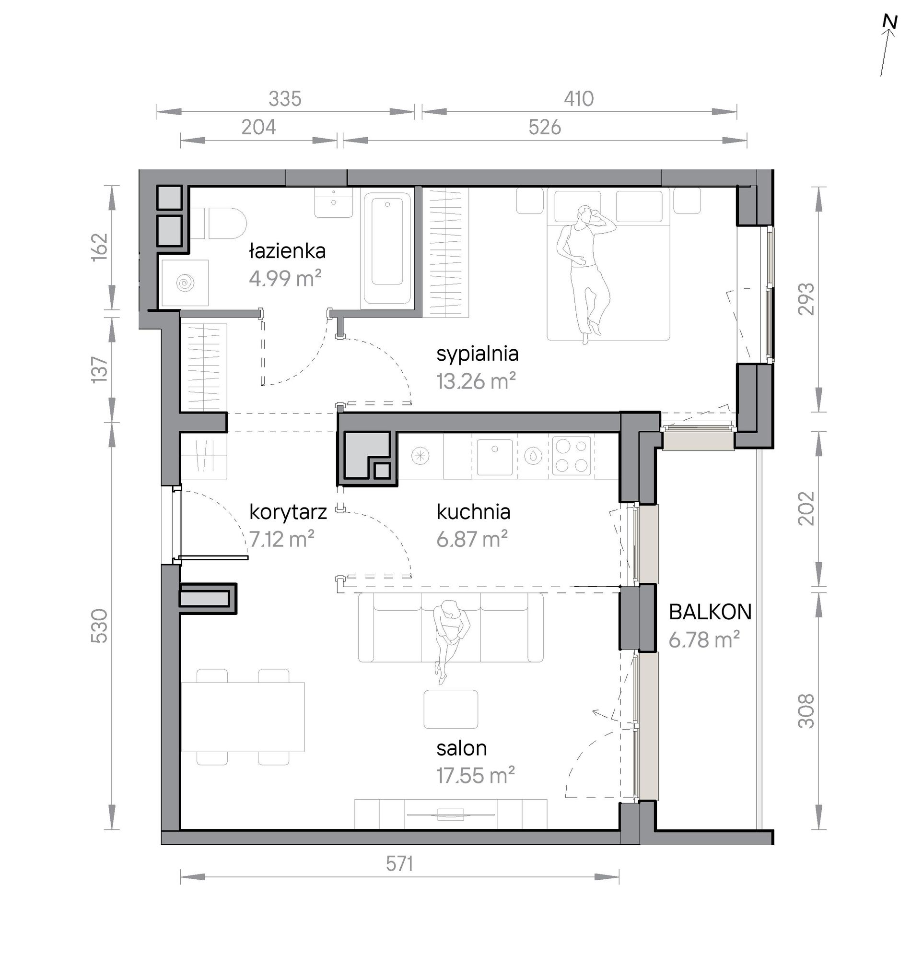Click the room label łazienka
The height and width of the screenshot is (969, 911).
[287, 251]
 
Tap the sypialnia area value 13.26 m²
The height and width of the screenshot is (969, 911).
[476, 381]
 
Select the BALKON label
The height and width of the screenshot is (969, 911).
[710, 612]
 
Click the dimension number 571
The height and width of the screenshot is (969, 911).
[399, 864]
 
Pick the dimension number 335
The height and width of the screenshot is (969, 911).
[285, 99]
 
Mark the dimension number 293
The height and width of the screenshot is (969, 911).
[807, 299]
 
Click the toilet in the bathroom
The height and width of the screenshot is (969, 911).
[219, 223]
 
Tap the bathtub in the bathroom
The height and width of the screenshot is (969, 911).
[387, 248]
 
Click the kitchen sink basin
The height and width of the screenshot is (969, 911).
[494, 457]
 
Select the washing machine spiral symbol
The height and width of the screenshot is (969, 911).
[186, 283]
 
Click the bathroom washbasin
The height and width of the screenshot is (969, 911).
[334, 202]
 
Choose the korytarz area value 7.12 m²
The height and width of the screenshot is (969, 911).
[281, 539]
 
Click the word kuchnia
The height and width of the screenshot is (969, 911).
[473, 512]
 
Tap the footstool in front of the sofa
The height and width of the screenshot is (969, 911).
[451, 709]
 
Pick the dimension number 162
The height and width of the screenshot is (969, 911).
[100, 247]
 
